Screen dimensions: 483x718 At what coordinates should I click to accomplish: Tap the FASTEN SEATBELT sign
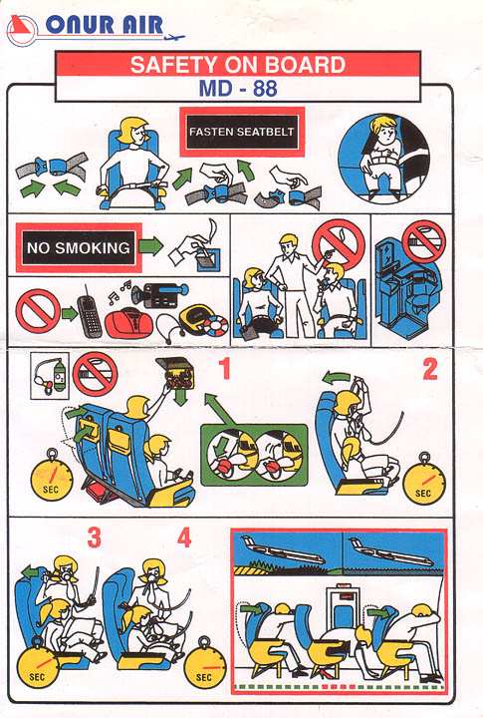point(242,132)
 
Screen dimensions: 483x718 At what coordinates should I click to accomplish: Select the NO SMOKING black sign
point(79,247)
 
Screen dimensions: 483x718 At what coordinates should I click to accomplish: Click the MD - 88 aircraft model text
point(238,88)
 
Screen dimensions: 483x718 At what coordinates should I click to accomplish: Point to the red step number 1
point(224,369)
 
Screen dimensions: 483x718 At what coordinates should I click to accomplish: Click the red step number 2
point(430,369)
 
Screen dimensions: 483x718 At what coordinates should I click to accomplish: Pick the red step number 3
point(95,538)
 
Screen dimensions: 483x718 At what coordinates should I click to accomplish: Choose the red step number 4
point(184,538)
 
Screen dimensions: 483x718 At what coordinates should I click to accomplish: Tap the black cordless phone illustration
point(89,312)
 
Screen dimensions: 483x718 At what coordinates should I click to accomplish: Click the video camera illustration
point(159,295)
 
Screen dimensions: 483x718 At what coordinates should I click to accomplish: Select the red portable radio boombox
point(129,323)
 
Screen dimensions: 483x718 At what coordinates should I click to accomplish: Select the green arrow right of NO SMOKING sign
point(151,246)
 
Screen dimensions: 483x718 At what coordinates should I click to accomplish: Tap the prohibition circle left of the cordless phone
point(38,310)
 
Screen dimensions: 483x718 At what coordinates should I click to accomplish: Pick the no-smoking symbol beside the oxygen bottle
point(96,374)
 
